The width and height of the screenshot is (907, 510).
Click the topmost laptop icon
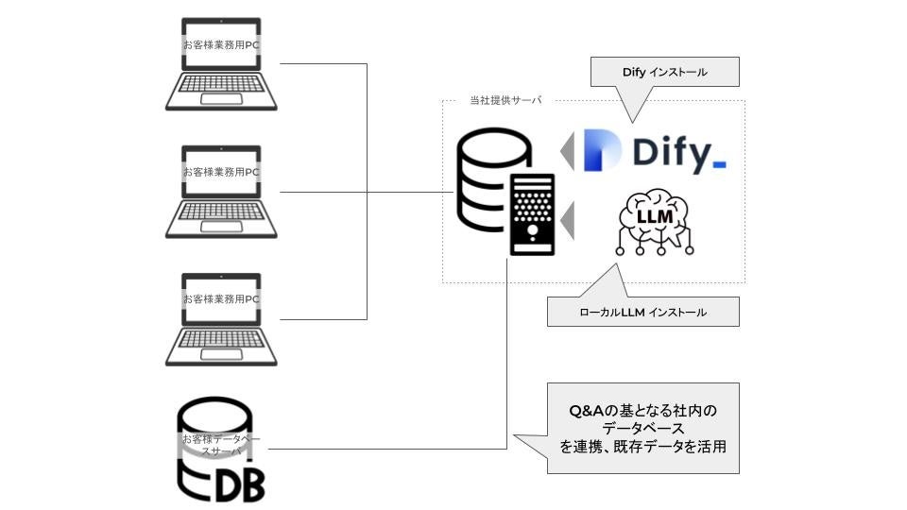click(x=221, y=64)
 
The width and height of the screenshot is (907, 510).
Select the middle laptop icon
click(x=221, y=191)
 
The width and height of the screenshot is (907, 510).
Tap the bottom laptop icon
click(x=221, y=318)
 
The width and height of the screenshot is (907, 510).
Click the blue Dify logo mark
click(x=601, y=150)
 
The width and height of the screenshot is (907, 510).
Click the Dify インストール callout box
click(x=664, y=72)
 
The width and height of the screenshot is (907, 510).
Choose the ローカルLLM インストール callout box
click(x=642, y=312)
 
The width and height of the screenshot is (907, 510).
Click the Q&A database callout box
click(x=642, y=428)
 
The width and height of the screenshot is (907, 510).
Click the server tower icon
click(x=531, y=213)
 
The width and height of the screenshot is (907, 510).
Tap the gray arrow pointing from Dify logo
click(x=567, y=151)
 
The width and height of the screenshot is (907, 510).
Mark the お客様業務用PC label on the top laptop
click(x=221, y=44)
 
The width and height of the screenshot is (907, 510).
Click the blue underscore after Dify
click(x=719, y=165)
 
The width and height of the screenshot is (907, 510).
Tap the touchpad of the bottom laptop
click(x=221, y=352)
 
